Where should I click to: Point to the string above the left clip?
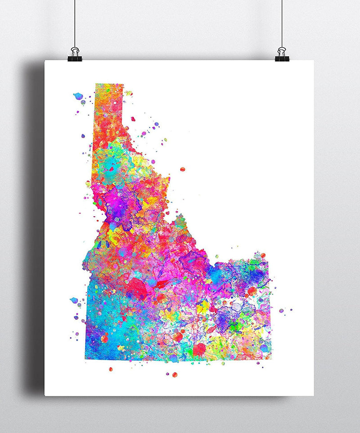(x=74, y=22)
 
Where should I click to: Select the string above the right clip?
(x=282, y=22)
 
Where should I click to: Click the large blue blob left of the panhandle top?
(x=78, y=96)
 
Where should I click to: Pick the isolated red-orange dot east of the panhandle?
(x=182, y=170)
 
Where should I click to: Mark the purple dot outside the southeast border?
(x=281, y=310)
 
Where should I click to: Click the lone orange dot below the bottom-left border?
(x=110, y=369)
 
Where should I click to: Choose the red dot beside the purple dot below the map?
(x=175, y=375)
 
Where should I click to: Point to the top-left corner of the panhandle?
(x=96, y=85)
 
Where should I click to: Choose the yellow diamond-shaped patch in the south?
(x=203, y=307)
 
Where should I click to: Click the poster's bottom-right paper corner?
(x=313, y=395)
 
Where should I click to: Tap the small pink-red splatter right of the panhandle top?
(x=134, y=119)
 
